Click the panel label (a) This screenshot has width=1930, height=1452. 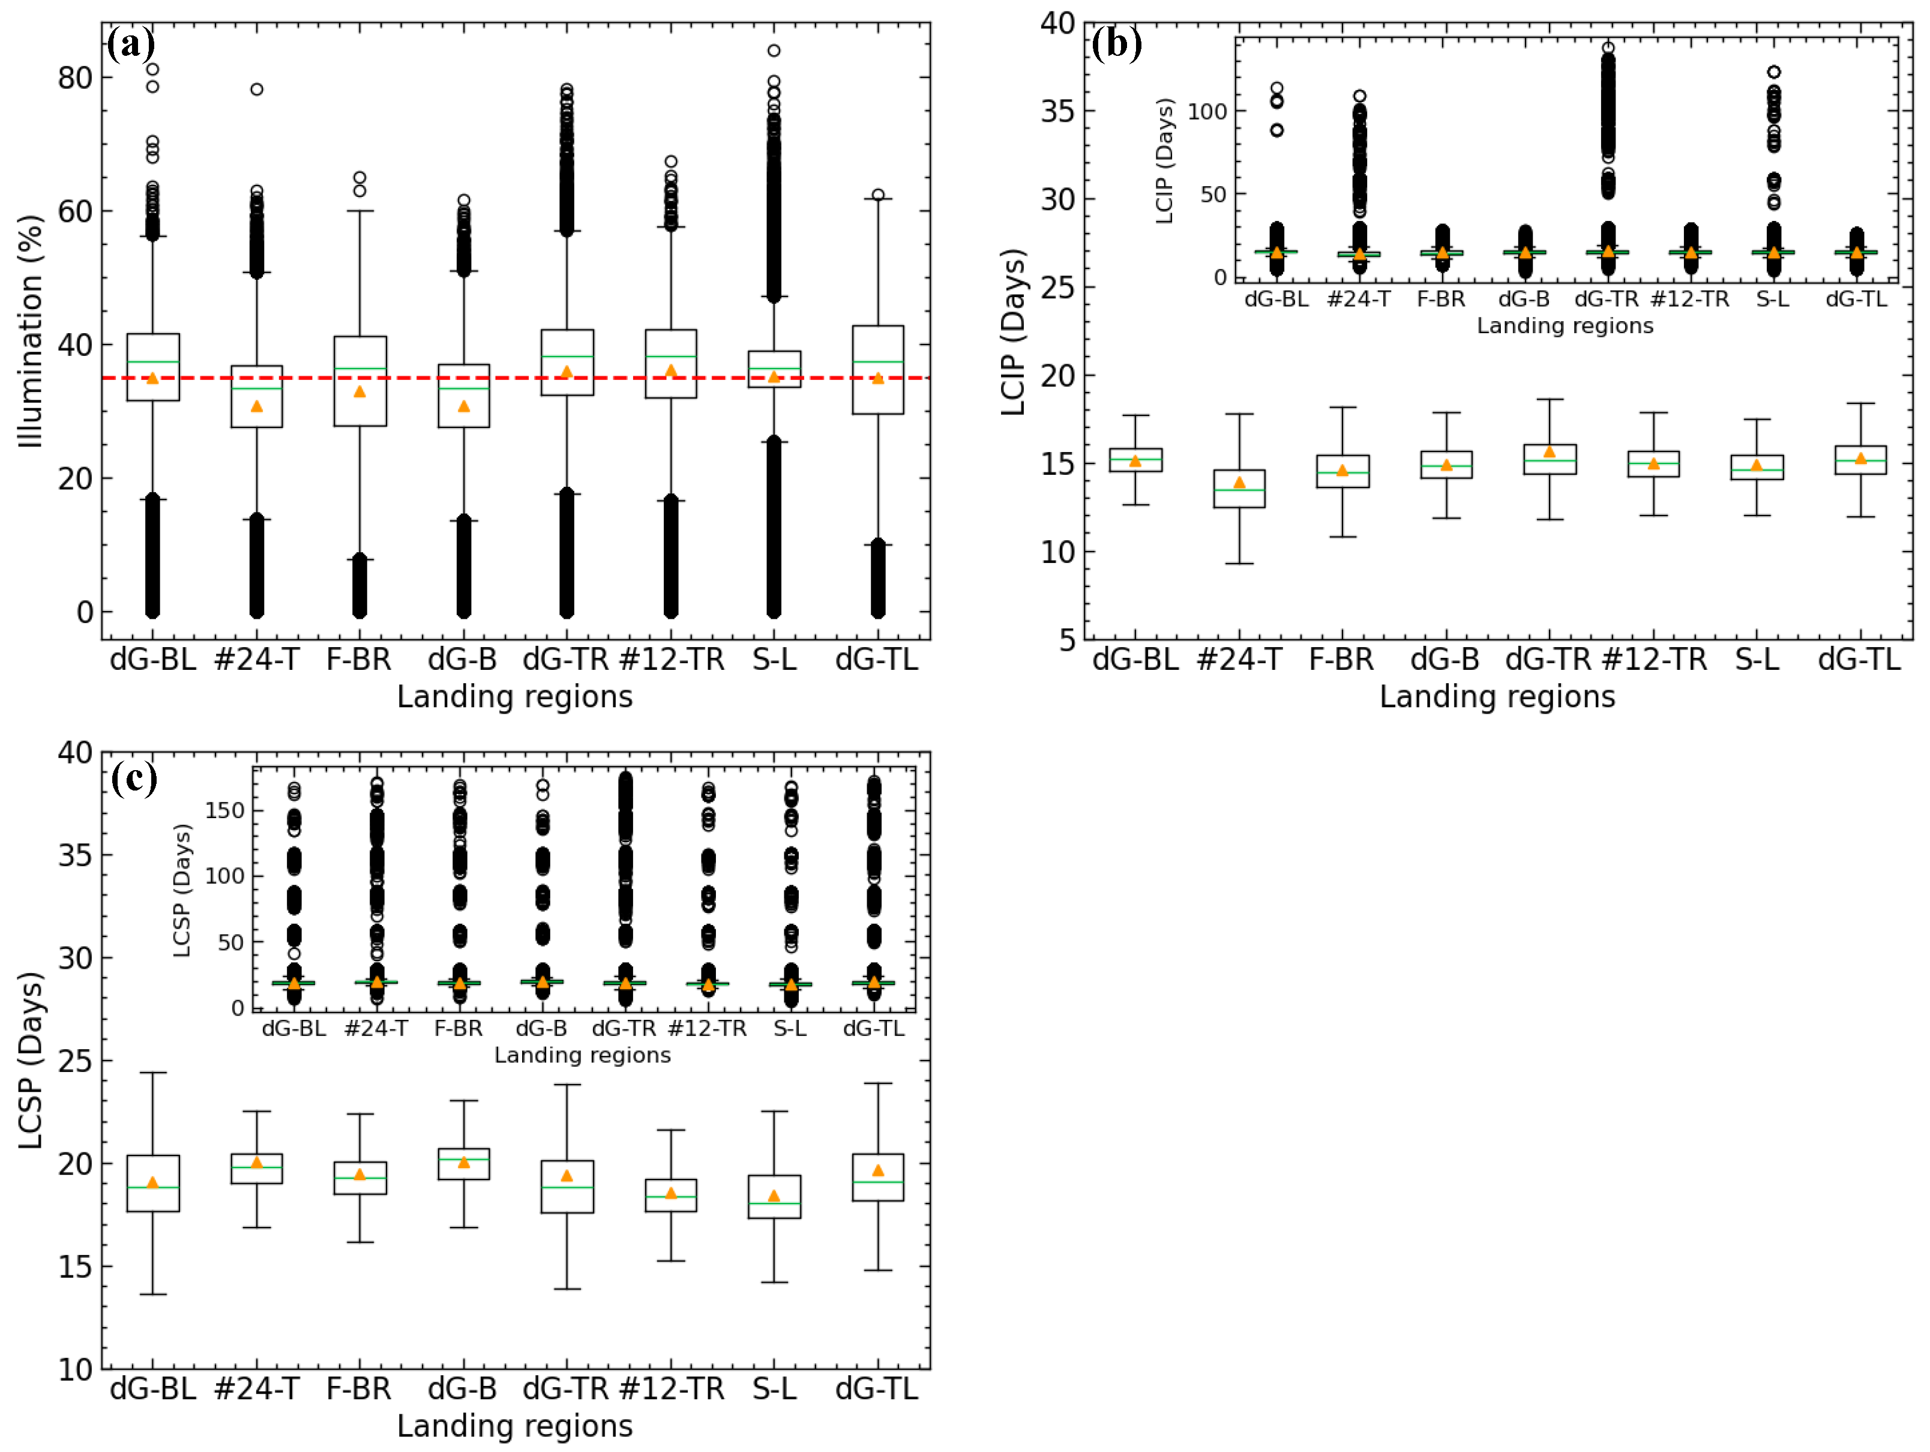[x=131, y=44]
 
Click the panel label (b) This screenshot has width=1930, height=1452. [x=1116, y=44]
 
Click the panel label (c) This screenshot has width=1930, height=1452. [x=133, y=777]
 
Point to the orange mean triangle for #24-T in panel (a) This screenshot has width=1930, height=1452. [x=256, y=406]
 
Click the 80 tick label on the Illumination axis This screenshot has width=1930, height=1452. [x=75, y=77]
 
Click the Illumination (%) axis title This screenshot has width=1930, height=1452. [x=31, y=331]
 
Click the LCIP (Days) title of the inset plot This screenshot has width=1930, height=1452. [x=1165, y=161]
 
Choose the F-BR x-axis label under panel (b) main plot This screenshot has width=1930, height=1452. [x=1341, y=660]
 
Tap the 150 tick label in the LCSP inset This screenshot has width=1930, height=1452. [x=224, y=811]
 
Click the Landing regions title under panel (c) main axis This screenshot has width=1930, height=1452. [x=515, y=1426]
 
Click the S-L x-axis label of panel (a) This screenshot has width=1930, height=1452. [x=774, y=660]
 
